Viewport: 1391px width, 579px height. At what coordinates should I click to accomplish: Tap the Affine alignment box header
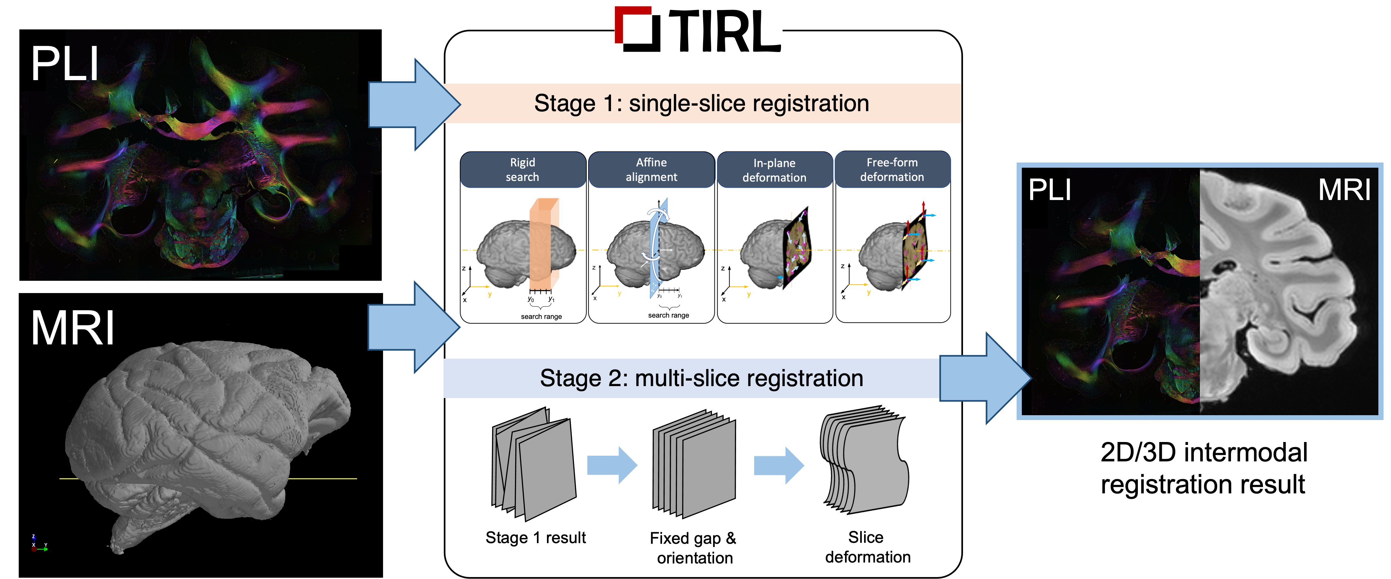tap(651, 169)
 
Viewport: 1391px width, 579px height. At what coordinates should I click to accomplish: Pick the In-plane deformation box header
tap(774, 170)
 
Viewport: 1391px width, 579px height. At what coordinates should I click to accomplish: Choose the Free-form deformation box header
tap(892, 169)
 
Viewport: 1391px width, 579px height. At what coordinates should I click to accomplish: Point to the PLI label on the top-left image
tap(65, 64)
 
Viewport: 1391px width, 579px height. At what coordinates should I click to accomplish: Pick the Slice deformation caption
tap(867, 547)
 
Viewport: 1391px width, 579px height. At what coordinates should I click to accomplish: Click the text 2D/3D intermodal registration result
tap(1203, 468)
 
